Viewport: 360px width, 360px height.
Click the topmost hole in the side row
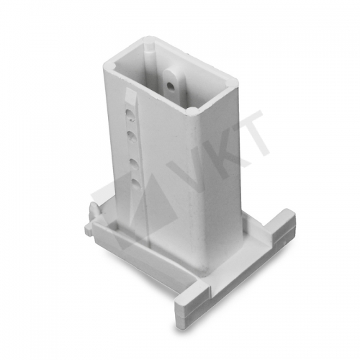[x=130, y=114]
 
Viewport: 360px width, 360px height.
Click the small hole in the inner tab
[x=171, y=85]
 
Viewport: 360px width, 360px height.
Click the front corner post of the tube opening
[x=192, y=112]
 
